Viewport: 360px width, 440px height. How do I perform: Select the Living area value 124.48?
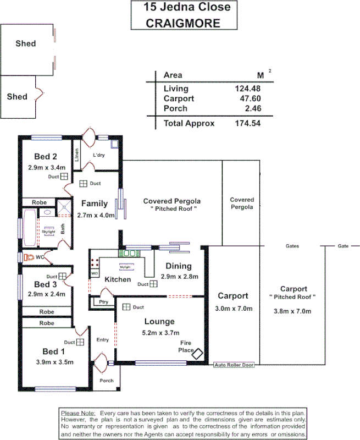(x=247, y=89)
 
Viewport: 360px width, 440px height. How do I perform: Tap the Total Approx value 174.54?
(x=245, y=124)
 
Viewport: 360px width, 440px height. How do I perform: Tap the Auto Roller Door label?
(x=234, y=365)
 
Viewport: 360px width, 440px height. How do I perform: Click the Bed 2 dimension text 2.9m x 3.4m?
(x=47, y=167)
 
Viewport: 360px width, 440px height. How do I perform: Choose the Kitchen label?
(x=118, y=279)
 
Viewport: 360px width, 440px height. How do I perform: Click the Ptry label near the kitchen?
(x=103, y=302)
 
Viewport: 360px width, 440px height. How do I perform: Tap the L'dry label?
(x=99, y=155)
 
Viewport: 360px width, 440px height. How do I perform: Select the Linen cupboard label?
(x=76, y=156)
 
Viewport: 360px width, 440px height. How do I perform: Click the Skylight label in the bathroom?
(x=48, y=232)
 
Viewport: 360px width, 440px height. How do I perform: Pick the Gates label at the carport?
(x=292, y=246)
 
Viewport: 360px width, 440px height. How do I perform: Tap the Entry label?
(x=103, y=340)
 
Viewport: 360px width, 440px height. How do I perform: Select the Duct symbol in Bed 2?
(x=64, y=177)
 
